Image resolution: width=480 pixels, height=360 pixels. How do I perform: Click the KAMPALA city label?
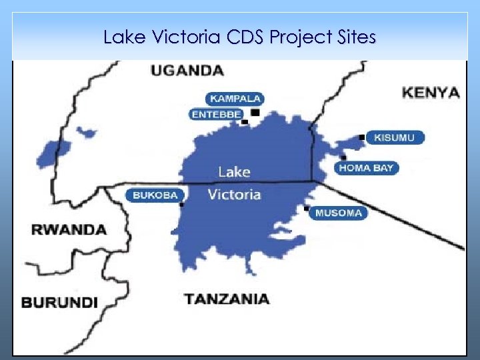pos(235,99)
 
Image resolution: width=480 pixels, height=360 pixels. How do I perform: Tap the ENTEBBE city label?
pos(216,115)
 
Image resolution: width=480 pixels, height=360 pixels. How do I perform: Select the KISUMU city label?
pos(395,138)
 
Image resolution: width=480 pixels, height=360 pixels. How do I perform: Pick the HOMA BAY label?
pos(366,168)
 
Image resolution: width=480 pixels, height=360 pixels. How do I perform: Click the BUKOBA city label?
pos(155,195)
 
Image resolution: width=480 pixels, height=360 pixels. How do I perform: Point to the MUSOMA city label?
pos(338,213)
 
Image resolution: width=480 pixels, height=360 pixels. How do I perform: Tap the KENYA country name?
pos(431,93)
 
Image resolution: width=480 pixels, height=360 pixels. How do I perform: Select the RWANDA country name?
pos(69,230)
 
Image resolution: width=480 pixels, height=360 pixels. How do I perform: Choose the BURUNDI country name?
pos(59,302)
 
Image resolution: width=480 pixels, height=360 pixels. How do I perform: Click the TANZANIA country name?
pos(227,299)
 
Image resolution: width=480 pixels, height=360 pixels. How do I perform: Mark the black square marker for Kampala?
pos(255,113)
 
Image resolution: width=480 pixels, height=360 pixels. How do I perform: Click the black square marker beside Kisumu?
pos(362,137)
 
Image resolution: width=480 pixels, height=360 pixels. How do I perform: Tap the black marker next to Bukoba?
pos(181,204)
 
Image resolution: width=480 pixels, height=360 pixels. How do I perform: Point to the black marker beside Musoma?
pos(307,209)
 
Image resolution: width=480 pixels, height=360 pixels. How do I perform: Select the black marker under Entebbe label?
pos(245,122)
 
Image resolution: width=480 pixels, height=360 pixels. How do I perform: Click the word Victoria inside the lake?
pos(234,195)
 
